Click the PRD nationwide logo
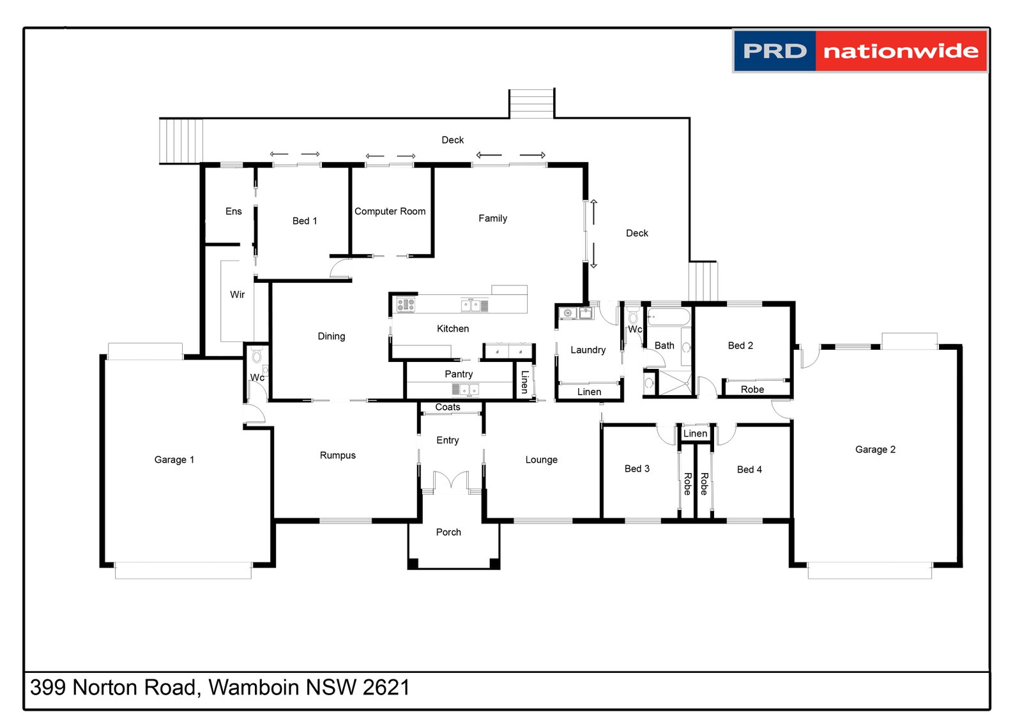coord(860,51)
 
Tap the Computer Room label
coord(390,211)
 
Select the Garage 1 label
coord(174,460)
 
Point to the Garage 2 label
coord(874,449)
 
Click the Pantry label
coord(459,374)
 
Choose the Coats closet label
coord(447,407)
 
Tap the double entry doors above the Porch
coord(451,480)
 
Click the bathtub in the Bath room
coord(668,317)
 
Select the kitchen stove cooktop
coord(406,305)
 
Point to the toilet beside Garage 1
coord(257,356)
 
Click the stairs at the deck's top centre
coord(531,103)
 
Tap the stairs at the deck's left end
coord(181,141)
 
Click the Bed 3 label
coord(637,469)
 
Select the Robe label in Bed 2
coord(752,389)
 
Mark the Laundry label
coord(588,350)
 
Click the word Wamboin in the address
coord(254,688)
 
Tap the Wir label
coord(237,294)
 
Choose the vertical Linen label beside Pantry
coord(524,382)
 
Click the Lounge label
coord(541,460)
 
